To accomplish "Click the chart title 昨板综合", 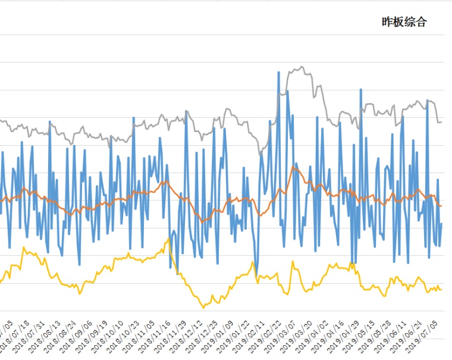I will tap(404, 23).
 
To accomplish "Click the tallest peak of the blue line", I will tap(279, 73).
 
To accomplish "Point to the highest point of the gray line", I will tap(302, 67).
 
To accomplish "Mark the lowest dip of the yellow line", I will tap(203, 308).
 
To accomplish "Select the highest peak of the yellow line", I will tap(169, 239).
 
